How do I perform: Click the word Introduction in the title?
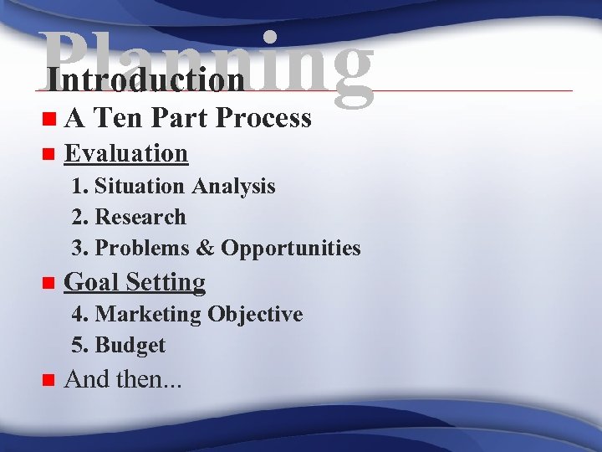click(x=146, y=80)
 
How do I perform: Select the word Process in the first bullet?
click(x=263, y=119)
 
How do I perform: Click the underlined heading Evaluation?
click(x=126, y=153)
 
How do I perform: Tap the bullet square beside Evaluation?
click(x=47, y=154)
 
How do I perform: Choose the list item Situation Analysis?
click(x=185, y=186)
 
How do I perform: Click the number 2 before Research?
click(x=79, y=217)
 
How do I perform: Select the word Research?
click(x=140, y=217)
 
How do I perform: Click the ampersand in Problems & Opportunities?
click(x=206, y=249)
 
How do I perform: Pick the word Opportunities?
click(x=291, y=249)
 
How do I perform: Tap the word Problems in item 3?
click(x=144, y=249)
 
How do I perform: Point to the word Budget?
click(x=130, y=346)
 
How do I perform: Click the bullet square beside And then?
click(x=47, y=381)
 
